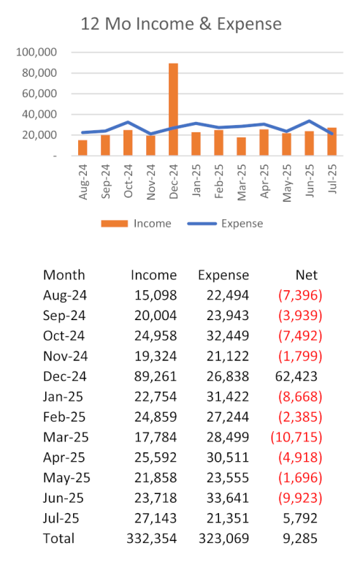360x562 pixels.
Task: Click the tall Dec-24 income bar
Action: pyautogui.click(x=173, y=110)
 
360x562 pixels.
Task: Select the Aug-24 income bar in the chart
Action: pyautogui.click(x=83, y=148)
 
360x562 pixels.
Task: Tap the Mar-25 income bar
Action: pyautogui.click(x=242, y=146)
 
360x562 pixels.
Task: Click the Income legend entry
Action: pyautogui.click(x=136, y=224)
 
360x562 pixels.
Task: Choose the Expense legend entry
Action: pyautogui.click(x=226, y=224)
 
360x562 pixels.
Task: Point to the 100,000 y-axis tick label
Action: pyautogui.click(x=37, y=53)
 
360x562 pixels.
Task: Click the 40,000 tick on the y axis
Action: pyautogui.click(x=39, y=114)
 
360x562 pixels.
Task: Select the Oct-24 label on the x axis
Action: pyautogui.click(x=129, y=181)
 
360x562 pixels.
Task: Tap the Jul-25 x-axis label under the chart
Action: pyautogui.click(x=332, y=179)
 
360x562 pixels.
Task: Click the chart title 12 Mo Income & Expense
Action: pyautogui.click(x=181, y=24)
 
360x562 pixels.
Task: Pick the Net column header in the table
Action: pyautogui.click(x=307, y=276)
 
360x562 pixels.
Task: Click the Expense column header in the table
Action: pyautogui.click(x=223, y=276)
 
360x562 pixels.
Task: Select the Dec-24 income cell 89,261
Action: pyautogui.click(x=156, y=376)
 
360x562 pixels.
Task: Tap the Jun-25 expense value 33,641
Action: pyautogui.click(x=227, y=498)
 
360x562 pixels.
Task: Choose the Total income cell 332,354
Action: pyautogui.click(x=152, y=539)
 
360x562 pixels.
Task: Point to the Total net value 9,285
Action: pyautogui.click(x=300, y=539)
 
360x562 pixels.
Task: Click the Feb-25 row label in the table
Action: pyautogui.click(x=64, y=417)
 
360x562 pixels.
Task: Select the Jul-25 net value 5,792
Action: pyautogui.click(x=300, y=519)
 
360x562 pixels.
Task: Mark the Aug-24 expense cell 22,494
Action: pyautogui.click(x=227, y=296)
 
